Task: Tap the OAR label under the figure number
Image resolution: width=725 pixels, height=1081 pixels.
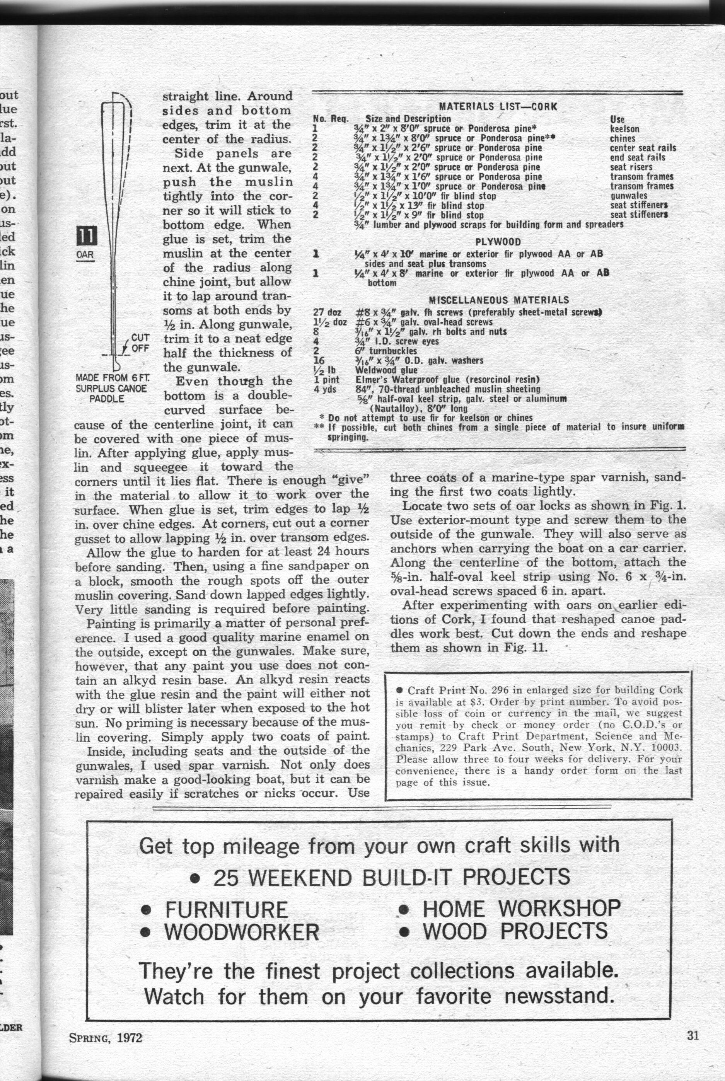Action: tap(85, 254)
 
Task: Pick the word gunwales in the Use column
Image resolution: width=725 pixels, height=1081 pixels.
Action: tap(628, 196)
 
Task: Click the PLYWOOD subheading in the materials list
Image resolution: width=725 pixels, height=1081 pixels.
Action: tap(498, 242)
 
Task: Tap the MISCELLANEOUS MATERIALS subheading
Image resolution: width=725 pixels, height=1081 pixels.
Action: tap(499, 300)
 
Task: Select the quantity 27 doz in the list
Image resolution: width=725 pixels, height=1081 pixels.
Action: tap(327, 312)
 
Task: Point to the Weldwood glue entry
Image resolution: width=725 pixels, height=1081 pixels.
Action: tap(386, 370)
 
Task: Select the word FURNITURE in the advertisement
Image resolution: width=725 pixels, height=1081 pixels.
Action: tap(226, 910)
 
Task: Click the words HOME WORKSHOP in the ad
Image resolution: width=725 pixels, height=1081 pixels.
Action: tap(521, 909)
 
